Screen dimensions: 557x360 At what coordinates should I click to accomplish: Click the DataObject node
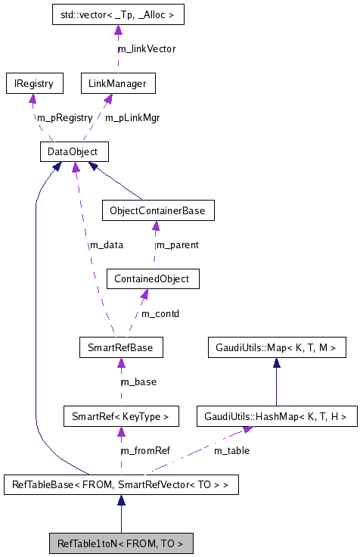73,152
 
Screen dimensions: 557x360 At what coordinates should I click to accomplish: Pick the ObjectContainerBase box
157,210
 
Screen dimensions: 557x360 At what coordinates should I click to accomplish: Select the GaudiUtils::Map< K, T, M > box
277,348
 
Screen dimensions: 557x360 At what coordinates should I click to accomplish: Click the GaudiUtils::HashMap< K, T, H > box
275,415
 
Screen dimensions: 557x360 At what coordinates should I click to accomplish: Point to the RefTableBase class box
121,484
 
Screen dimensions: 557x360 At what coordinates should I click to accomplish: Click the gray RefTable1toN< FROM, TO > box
121,543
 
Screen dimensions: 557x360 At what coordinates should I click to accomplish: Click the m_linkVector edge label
147,48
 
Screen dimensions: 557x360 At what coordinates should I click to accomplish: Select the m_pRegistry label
64,117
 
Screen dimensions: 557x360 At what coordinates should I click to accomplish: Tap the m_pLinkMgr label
132,117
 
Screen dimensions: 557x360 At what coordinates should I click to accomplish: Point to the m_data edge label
107,244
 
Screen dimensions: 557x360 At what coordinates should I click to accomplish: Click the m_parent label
177,244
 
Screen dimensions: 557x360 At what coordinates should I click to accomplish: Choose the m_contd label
160,313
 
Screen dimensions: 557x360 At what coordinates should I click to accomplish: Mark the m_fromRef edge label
145,450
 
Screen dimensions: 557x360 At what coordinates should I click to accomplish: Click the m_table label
231,450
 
